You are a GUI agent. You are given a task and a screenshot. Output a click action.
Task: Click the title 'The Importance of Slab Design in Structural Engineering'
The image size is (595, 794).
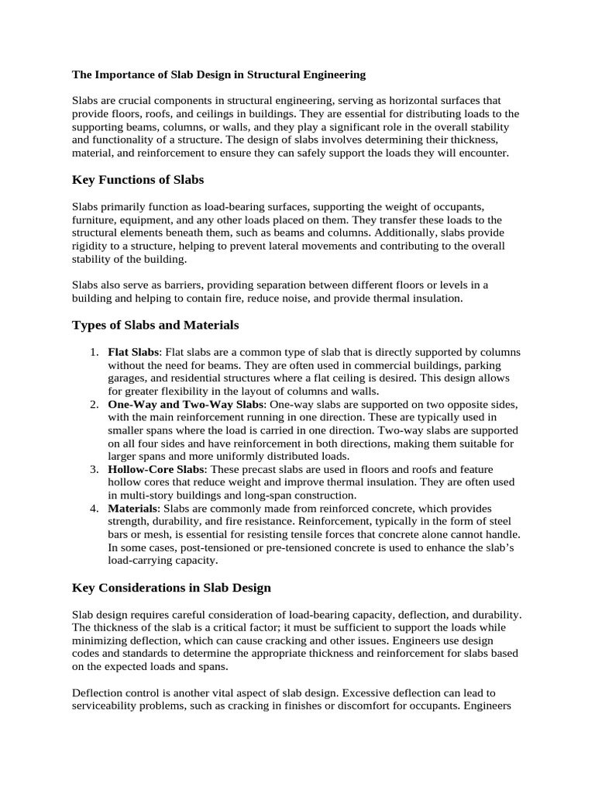click(x=218, y=75)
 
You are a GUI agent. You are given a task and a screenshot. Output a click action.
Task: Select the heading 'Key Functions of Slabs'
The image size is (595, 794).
click(x=138, y=180)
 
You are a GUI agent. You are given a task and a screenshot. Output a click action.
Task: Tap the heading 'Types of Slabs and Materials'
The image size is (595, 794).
click(x=156, y=324)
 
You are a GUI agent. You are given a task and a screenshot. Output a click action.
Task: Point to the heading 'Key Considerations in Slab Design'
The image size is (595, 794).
click(x=171, y=588)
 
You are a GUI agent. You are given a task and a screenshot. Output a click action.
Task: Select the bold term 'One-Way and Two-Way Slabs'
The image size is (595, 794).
click(x=187, y=406)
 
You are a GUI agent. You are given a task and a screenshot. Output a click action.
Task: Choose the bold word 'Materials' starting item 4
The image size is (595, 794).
click(x=132, y=509)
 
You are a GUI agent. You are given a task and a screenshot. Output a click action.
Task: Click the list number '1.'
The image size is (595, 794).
click(x=93, y=353)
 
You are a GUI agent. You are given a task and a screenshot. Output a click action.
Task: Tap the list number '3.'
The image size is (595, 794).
click(x=93, y=470)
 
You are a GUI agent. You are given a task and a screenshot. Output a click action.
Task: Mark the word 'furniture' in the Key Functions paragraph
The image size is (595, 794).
click(x=95, y=220)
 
